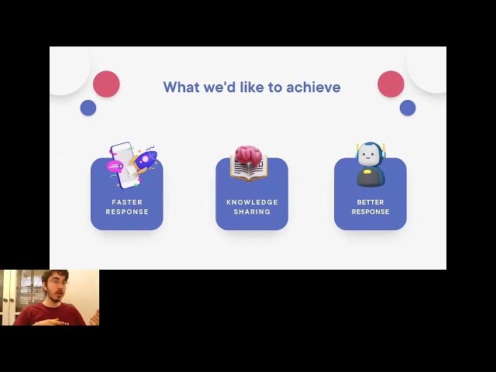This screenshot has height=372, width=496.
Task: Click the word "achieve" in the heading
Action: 313,88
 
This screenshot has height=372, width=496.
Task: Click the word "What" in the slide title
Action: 181,88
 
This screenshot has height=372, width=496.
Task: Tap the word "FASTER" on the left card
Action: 127,202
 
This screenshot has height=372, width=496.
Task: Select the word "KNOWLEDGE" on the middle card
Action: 252,202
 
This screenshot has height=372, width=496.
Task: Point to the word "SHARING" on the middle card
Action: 252,212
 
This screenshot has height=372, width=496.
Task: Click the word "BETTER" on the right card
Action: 370,202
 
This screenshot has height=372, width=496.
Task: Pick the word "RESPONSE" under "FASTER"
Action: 127,212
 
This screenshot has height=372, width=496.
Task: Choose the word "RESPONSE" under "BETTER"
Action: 370,212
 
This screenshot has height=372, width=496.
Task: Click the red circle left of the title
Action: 106,84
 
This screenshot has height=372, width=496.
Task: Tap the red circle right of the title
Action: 391,84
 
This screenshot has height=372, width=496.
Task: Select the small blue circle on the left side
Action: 88,108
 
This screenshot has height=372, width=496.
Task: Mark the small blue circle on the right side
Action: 408,108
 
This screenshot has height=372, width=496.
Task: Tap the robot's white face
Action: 370,155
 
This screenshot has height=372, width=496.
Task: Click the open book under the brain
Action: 248,170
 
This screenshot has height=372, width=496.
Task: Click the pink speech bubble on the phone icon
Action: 115,166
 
